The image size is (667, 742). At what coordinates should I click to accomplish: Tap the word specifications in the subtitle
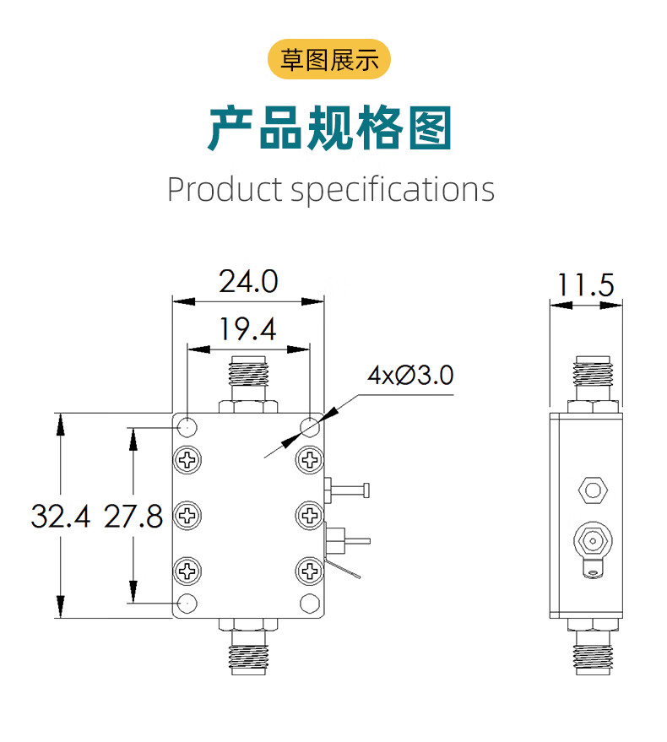(393, 190)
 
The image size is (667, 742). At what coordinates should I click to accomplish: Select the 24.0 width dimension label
(248, 281)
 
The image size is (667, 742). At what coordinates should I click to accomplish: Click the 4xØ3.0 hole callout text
(411, 375)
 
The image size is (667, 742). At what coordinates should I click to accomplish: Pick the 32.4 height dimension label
(59, 515)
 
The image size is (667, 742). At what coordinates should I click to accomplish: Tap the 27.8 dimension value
(133, 515)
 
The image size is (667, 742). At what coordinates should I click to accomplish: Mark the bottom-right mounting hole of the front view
(310, 603)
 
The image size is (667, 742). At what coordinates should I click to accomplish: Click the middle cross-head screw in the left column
(187, 515)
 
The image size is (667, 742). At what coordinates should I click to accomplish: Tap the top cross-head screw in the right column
(310, 459)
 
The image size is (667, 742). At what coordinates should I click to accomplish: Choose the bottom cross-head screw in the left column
(187, 571)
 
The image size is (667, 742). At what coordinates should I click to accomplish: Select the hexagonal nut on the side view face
(592, 489)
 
